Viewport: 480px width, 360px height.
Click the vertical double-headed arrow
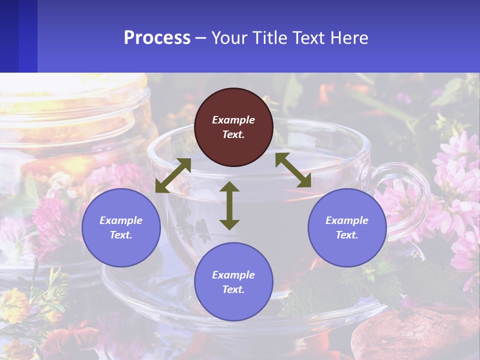[229, 205]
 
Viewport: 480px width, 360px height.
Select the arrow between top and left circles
[173, 175]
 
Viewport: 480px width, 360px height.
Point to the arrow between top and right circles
[293, 170]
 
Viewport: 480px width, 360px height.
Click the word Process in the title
[157, 37]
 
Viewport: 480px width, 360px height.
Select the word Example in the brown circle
[233, 120]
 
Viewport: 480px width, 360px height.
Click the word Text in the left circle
[121, 235]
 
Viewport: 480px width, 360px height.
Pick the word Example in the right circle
[347, 220]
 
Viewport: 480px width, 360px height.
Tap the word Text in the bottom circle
[233, 289]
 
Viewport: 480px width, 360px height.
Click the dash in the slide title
[201, 38]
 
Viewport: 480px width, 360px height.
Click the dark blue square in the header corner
[18, 36]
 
